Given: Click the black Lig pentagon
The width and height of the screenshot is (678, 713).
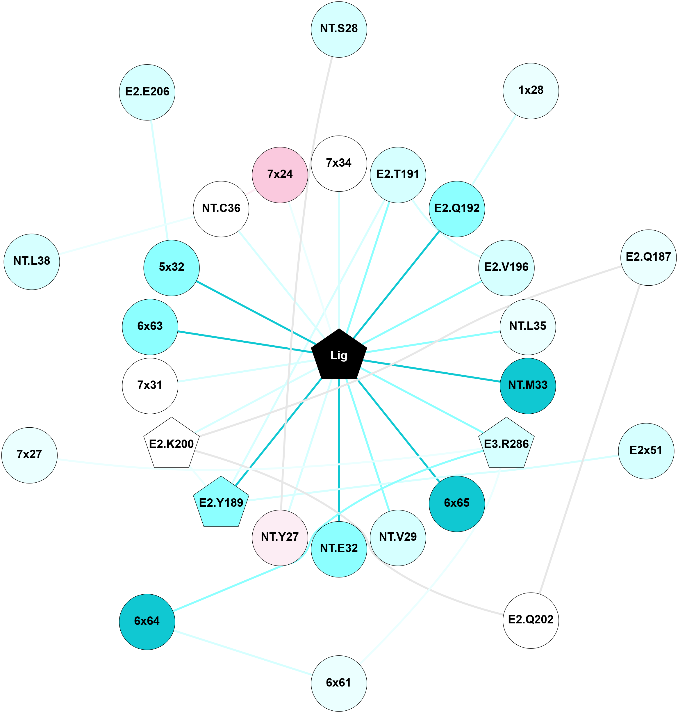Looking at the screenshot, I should [339, 356].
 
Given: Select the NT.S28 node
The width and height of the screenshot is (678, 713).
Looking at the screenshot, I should [339, 29].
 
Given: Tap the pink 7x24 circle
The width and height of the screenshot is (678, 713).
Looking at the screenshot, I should [280, 175].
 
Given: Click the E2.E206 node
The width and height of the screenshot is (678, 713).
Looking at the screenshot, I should [147, 92].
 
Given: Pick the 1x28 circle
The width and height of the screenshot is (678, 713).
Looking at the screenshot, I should [531, 91].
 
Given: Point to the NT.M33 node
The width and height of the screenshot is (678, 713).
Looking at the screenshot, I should [528, 385].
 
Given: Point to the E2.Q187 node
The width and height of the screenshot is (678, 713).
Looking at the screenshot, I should [648, 257].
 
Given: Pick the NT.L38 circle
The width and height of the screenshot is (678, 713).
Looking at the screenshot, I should [32, 262].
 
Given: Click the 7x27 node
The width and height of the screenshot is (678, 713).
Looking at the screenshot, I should [29, 455].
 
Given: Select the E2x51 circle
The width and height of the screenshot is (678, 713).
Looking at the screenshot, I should [646, 451].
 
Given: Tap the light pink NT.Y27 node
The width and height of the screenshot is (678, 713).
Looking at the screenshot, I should [280, 537].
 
